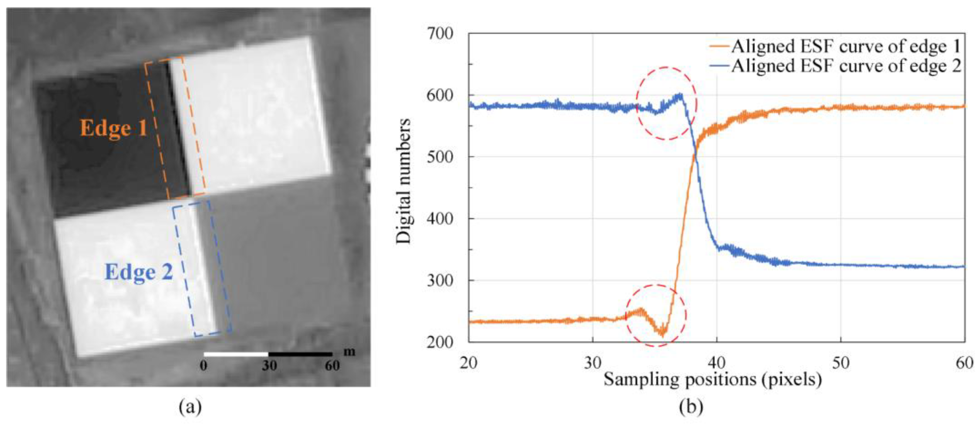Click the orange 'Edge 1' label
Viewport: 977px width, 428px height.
click(x=113, y=128)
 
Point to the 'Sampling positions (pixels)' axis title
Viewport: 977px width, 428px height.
click(x=713, y=379)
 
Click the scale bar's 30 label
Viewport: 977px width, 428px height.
click(x=269, y=366)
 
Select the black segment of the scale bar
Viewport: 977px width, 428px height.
click(x=300, y=354)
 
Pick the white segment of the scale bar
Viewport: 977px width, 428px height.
click(x=236, y=354)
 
